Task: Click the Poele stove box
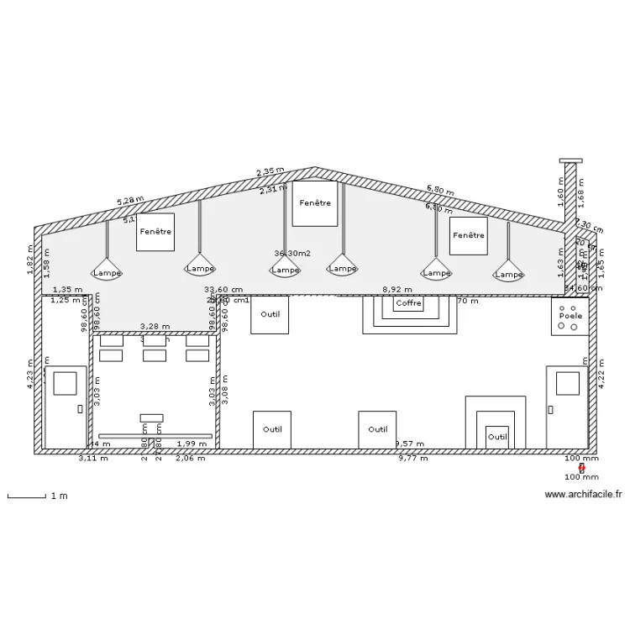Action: click(x=570, y=316)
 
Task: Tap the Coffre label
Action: click(x=409, y=303)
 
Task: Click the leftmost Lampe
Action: click(x=107, y=272)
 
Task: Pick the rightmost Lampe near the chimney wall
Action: click(x=509, y=274)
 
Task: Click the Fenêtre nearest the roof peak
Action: click(x=315, y=203)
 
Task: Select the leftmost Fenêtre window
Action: click(x=155, y=232)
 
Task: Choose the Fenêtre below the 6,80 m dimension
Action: click(x=469, y=236)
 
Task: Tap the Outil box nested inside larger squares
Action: click(x=497, y=437)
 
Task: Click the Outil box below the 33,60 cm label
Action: click(x=270, y=315)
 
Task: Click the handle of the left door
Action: click(x=80, y=409)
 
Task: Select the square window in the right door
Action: click(x=567, y=383)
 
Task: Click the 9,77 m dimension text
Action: click(x=412, y=459)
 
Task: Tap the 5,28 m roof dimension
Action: click(x=130, y=201)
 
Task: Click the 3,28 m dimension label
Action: click(x=155, y=327)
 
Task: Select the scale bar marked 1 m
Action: click(x=27, y=496)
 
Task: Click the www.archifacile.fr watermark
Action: click(x=583, y=495)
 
